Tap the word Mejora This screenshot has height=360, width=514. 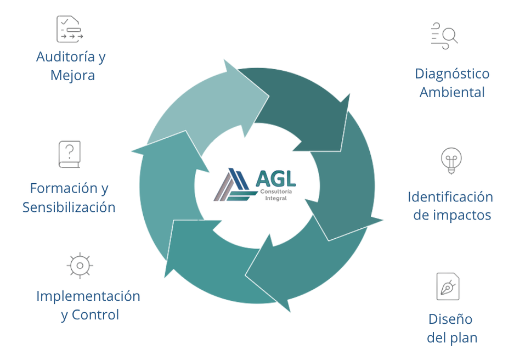[x=72, y=75]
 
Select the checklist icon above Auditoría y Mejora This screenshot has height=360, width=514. [x=70, y=29]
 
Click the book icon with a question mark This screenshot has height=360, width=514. [x=70, y=154]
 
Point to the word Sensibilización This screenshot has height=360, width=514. [x=69, y=207]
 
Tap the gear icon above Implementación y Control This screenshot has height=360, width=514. [x=80, y=266]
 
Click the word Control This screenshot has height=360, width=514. [x=95, y=315]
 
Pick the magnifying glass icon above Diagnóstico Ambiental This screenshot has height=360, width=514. [x=444, y=36]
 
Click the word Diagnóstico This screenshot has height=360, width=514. [x=452, y=74]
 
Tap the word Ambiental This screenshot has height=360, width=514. [x=452, y=92]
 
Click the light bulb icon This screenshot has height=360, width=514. [x=451, y=160]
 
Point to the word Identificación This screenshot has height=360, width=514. [x=450, y=197]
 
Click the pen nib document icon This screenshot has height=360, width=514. [x=448, y=286]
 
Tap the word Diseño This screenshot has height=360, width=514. [x=450, y=319]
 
